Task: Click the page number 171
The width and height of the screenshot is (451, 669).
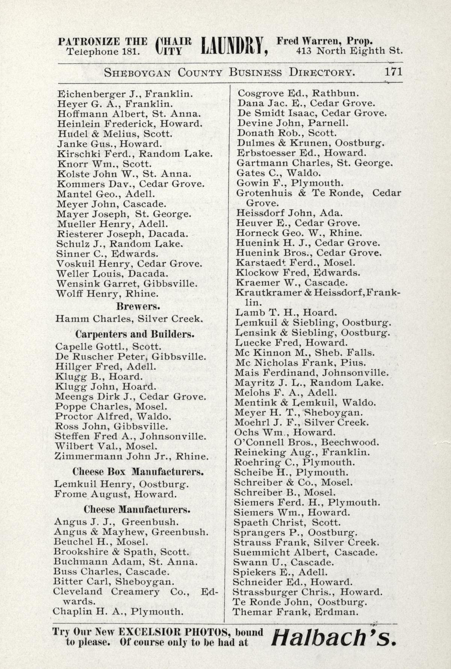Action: [x=393, y=72]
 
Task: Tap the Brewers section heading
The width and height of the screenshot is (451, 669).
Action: [x=138, y=306]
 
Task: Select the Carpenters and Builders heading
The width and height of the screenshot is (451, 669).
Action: [x=135, y=334]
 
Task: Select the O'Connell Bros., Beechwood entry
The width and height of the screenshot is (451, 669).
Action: [x=306, y=442]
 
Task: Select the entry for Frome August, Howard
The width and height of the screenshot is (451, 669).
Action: [x=115, y=494]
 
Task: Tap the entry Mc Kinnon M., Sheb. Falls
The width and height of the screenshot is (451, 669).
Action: [x=304, y=353]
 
